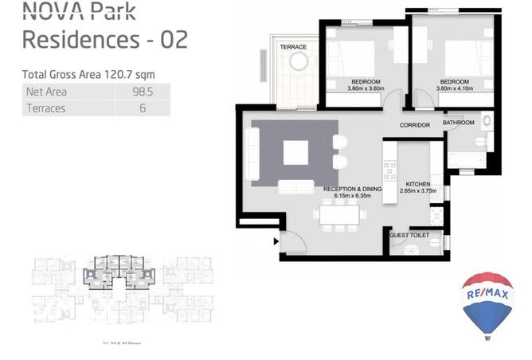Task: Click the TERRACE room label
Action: tap(293, 47)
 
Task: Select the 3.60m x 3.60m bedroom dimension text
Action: tap(366, 88)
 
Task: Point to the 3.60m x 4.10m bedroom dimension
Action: tap(454, 88)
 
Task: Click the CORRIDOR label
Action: tap(415, 126)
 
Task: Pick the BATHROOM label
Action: tap(459, 123)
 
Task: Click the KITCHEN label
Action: tap(418, 183)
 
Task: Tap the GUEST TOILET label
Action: tap(409, 236)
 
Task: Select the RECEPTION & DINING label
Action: tap(353, 189)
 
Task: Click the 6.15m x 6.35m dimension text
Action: tap(353, 196)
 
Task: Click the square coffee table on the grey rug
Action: tap(295, 152)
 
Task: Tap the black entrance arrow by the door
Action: tap(276, 241)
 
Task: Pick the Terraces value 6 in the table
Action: tap(143, 108)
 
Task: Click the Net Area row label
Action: tap(45, 92)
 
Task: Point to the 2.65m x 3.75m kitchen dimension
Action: tap(418, 191)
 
